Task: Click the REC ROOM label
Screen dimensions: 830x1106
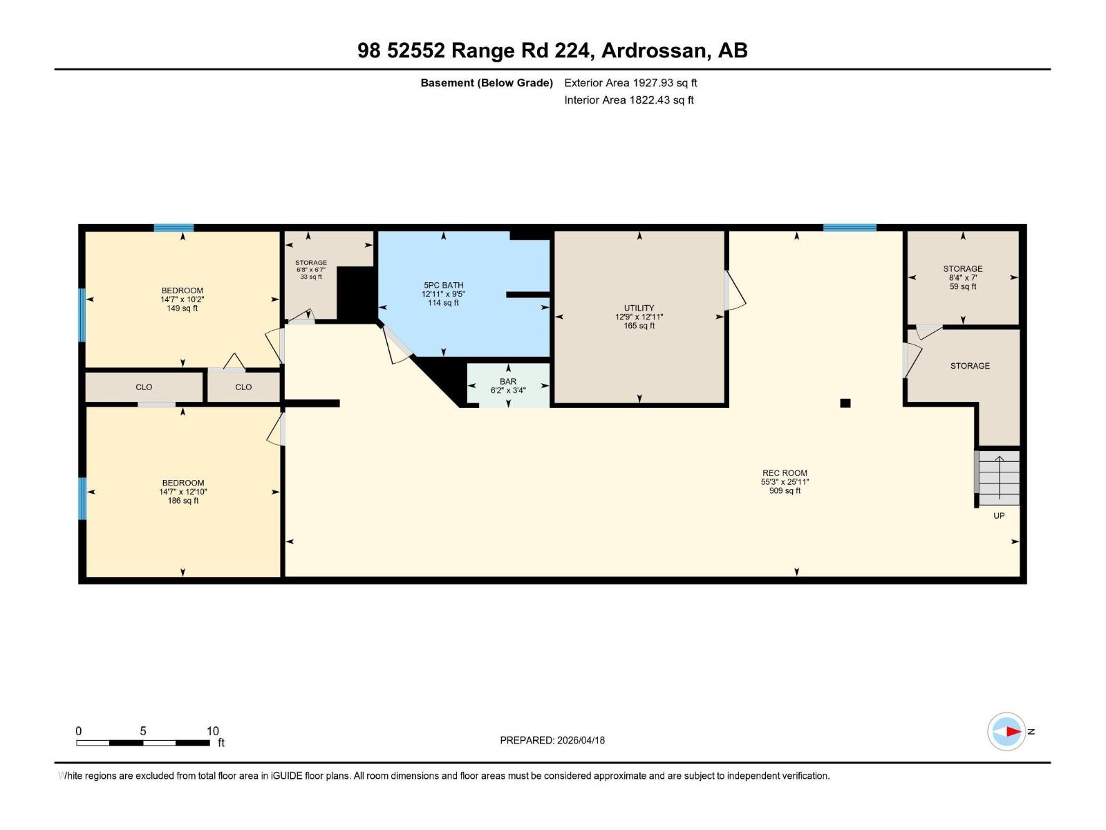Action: (x=785, y=473)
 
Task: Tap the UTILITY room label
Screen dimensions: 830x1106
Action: (x=639, y=308)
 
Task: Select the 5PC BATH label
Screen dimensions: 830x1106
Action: (x=443, y=285)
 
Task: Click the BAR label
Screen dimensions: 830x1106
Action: (x=508, y=382)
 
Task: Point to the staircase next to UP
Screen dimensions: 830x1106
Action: (x=999, y=478)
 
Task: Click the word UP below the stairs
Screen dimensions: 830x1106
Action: (x=999, y=516)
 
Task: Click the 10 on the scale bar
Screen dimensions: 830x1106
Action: (x=212, y=731)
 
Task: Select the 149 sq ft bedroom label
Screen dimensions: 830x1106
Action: (x=182, y=299)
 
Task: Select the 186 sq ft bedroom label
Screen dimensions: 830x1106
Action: (x=182, y=492)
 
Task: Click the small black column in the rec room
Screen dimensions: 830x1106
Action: (x=845, y=403)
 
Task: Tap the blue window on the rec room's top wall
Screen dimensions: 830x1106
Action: (x=850, y=228)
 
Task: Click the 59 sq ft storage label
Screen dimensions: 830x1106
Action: (x=962, y=277)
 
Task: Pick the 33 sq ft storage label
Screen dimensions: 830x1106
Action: (x=311, y=270)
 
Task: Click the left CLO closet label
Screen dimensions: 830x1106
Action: (x=144, y=387)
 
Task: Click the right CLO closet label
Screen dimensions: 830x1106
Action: (x=243, y=387)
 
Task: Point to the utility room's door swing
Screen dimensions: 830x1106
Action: (x=734, y=290)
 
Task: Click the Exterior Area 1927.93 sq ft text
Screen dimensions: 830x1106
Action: (x=630, y=83)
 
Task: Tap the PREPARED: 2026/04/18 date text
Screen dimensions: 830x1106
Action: (x=552, y=740)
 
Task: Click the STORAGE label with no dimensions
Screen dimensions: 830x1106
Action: (x=970, y=366)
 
